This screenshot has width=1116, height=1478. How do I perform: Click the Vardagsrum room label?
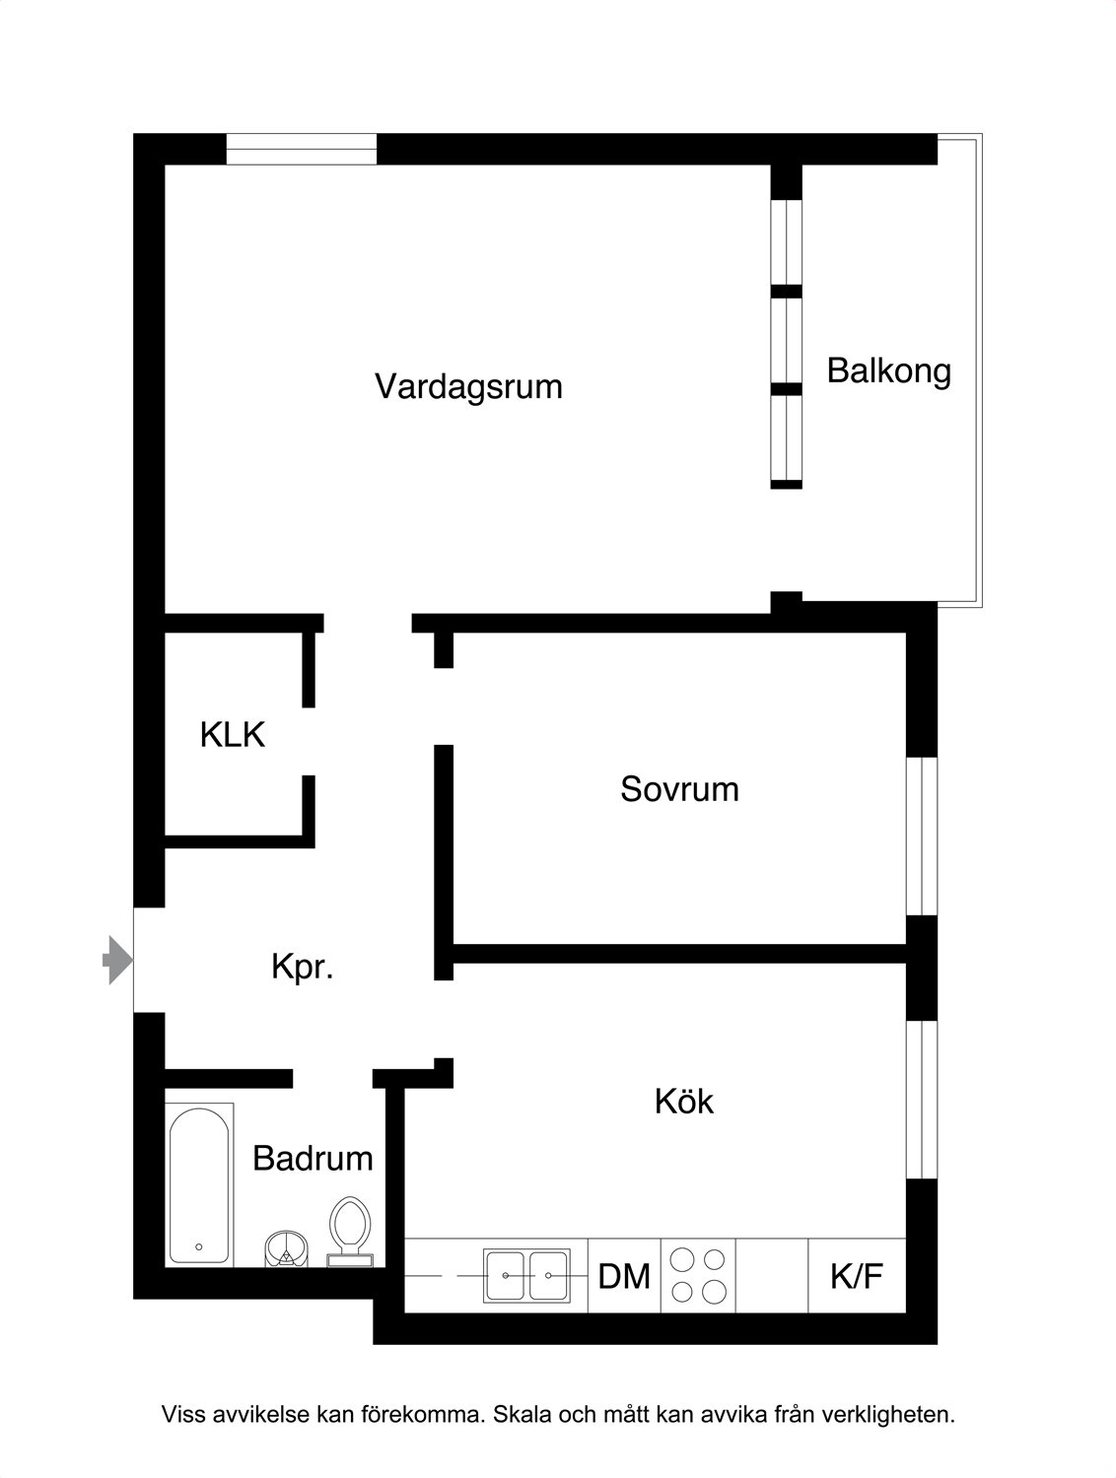coord(468,386)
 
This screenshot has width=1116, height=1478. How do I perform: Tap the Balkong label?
coord(889,370)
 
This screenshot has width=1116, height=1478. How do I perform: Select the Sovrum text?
coord(679,789)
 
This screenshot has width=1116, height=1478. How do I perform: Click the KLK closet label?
coord(233,735)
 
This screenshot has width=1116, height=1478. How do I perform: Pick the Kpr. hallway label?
coord(303,967)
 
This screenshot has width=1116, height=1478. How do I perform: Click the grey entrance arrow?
coord(118,960)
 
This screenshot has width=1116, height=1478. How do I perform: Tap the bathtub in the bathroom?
coord(199,1184)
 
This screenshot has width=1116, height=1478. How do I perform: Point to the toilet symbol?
coord(350,1232)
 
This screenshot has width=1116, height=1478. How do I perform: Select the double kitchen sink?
coord(526,1275)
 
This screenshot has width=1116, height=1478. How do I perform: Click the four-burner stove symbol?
coord(698,1275)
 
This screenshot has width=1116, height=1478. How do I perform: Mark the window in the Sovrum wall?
coord(922,837)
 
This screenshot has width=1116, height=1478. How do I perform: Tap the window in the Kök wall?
coord(922,1100)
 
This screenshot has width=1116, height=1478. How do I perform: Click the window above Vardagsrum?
coord(301,149)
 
